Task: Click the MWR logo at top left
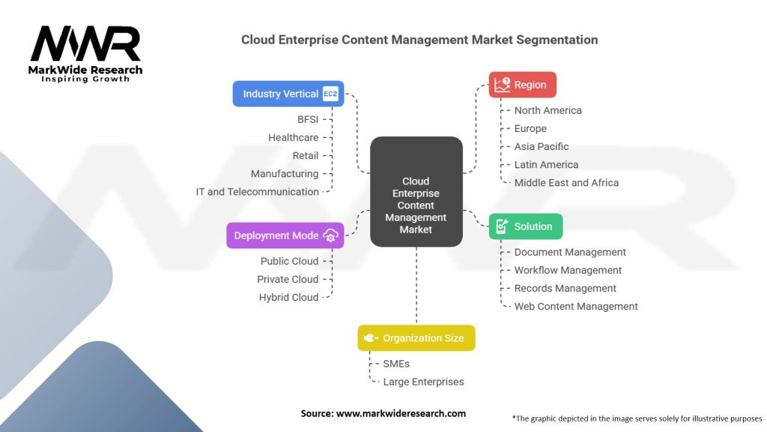pos(85,46)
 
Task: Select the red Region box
pos(522,85)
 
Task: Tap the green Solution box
pos(525,226)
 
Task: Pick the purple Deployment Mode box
pos(285,235)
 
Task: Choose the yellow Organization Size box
pos(416,338)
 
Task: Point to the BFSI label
pos(308,119)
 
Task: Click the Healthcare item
pos(294,137)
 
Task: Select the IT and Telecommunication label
pos(258,191)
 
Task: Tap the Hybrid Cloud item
pos(288,297)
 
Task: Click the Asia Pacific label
pos(542,146)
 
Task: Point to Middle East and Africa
pos(566,182)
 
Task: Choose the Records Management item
pos(565,288)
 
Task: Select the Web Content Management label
pos(576,306)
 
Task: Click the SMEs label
pos(396,364)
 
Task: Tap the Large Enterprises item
pos(423,382)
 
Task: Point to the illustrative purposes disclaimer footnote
pos(637,418)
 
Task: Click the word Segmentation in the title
pos(557,40)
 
